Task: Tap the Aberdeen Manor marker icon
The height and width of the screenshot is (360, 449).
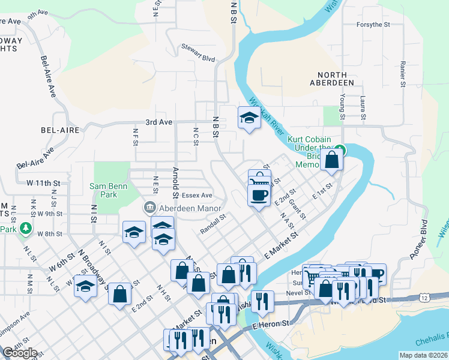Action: click(x=148, y=208)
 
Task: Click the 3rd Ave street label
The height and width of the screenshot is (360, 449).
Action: click(x=158, y=122)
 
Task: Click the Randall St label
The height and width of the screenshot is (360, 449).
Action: click(x=212, y=224)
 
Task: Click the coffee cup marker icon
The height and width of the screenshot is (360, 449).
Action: click(x=259, y=196)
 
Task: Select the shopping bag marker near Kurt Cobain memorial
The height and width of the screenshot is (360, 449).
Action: click(x=331, y=160)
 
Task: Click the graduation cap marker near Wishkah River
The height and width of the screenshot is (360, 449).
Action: click(x=249, y=117)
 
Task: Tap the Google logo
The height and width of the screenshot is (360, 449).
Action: click(x=20, y=353)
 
